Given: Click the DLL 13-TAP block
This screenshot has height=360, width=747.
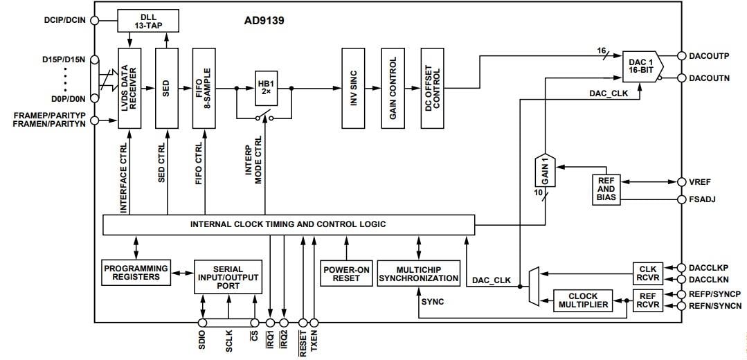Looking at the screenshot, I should (x=148, y=20).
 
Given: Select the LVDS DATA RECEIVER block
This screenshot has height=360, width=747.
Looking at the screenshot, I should (x=129, y=89).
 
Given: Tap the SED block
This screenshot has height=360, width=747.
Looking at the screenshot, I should (x=167, y=89).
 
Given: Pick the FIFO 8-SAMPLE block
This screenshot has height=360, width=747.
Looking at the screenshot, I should (x=205, y=89).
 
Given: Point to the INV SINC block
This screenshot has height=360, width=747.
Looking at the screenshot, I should (x=352, y=89).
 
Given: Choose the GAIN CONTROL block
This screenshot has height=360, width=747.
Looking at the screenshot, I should (x=392, y=89).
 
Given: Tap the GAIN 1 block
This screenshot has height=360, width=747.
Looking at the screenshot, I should (x=544, y=170).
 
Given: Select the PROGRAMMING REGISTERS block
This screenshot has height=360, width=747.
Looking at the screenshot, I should (x=136, y=272).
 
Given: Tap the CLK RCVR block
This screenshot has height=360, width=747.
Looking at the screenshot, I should (x=648, y=274).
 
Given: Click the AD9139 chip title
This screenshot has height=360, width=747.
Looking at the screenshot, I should (x=264, y=21).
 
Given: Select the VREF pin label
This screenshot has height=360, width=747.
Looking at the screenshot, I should (x=699, y=182).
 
